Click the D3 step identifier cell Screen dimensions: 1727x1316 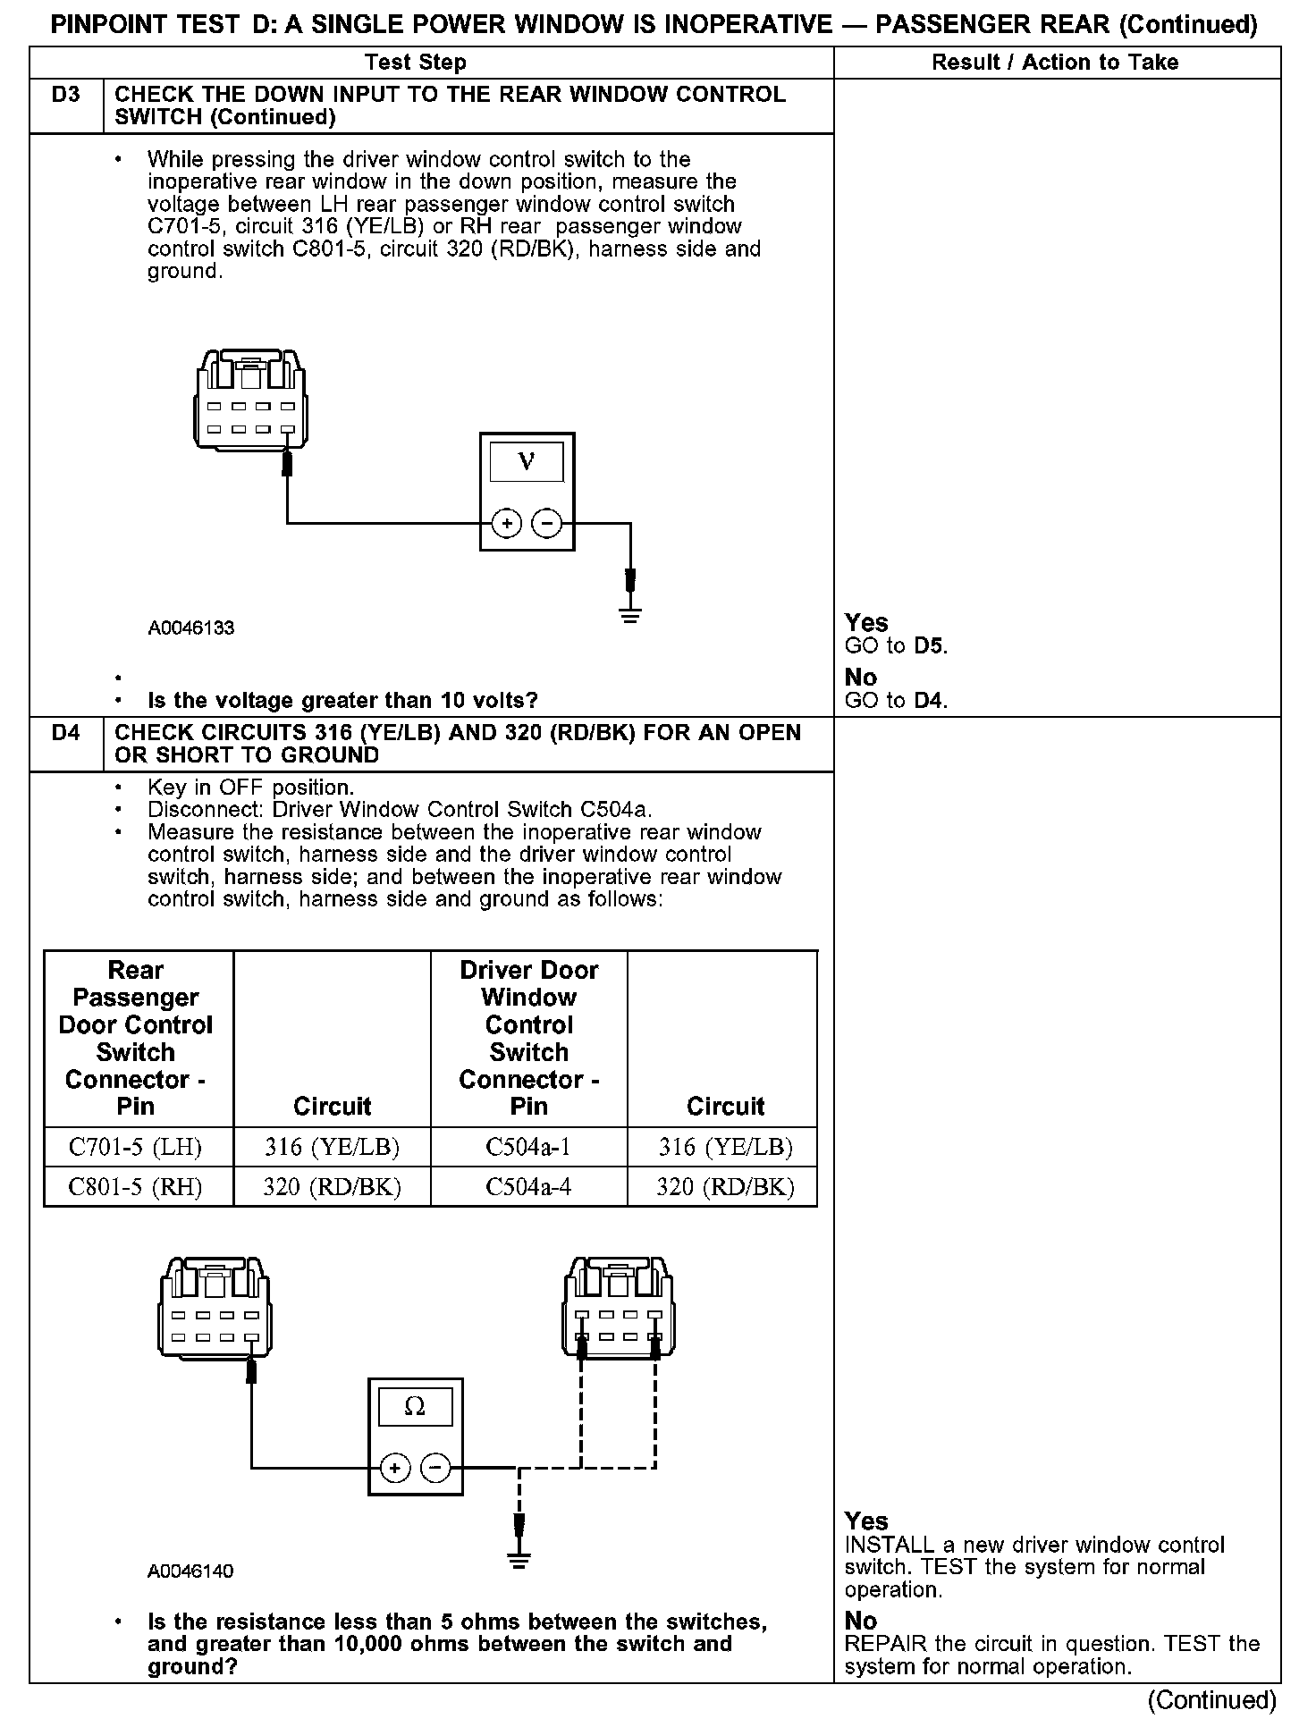66,95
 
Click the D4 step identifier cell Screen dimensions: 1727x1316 66,733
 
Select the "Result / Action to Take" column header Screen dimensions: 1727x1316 1055,63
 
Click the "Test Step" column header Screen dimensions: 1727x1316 416,63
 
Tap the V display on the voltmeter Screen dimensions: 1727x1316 527,462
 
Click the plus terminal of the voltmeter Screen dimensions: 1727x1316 507,523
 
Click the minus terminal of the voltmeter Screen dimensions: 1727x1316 547,523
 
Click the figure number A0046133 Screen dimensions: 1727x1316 191,628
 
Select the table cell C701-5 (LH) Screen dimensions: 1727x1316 136,1147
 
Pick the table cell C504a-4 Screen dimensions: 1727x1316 528,1187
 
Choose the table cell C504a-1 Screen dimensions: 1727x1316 528,1147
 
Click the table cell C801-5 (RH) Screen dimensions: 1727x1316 136,1187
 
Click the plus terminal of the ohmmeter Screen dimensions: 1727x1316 395,1468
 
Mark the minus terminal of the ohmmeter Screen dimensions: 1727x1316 435,1468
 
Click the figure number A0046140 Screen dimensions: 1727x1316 190,1571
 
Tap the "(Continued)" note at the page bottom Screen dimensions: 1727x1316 1212,1699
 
